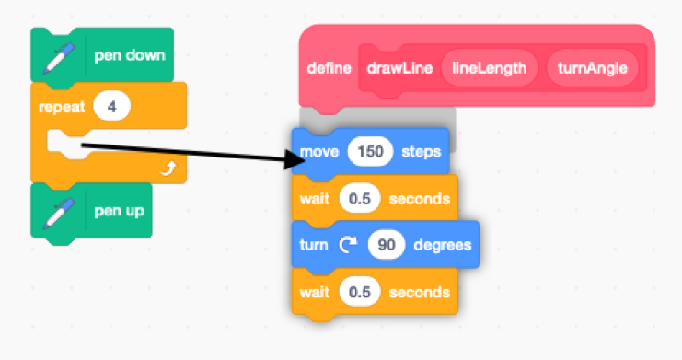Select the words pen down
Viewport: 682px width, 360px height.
130,55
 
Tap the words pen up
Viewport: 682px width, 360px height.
120,212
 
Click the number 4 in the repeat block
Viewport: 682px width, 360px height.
112,106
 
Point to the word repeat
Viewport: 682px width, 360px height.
61,106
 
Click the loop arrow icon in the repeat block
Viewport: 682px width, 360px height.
168,168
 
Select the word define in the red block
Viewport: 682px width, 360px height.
329,69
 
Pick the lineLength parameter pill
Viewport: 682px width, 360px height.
489,69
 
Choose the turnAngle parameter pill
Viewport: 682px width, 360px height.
591,69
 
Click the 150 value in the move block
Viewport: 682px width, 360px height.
370,151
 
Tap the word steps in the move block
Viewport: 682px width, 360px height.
422,151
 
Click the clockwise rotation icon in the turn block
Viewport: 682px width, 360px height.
348,246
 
